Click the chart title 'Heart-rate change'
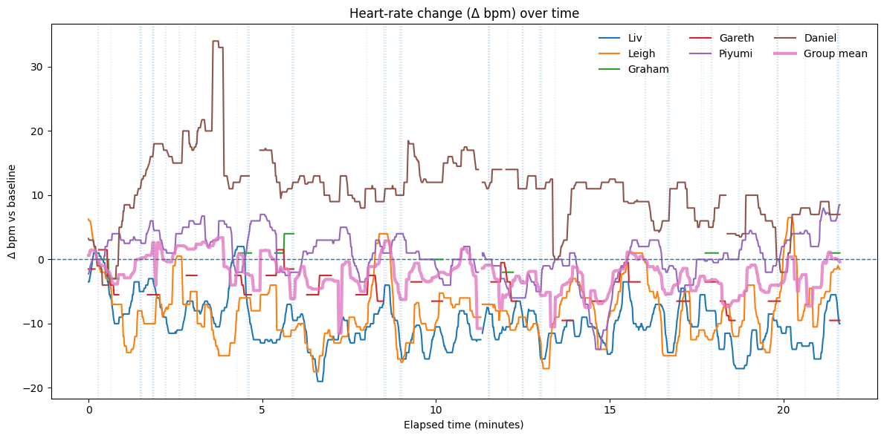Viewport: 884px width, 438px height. [x=463, y=13]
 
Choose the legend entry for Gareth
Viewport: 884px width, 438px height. [x=736, y=38]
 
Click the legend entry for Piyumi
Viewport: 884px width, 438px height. [x=736, y=53]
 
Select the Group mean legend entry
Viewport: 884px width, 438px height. [x=835, y=53]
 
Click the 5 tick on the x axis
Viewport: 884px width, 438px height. [x=262, y=410]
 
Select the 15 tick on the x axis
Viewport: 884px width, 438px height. [x=610, y=410]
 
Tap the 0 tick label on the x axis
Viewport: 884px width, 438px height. [x=88, y=410]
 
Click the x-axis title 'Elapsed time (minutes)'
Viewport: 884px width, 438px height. [x=463, y=425]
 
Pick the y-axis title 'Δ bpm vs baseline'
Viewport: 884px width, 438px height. [x=13, y=212]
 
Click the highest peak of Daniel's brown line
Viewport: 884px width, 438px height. [x=216, y=42]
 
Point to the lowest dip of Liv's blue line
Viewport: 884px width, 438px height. [x=320, y=381]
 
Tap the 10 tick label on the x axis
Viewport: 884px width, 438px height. [x=436, y=410]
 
